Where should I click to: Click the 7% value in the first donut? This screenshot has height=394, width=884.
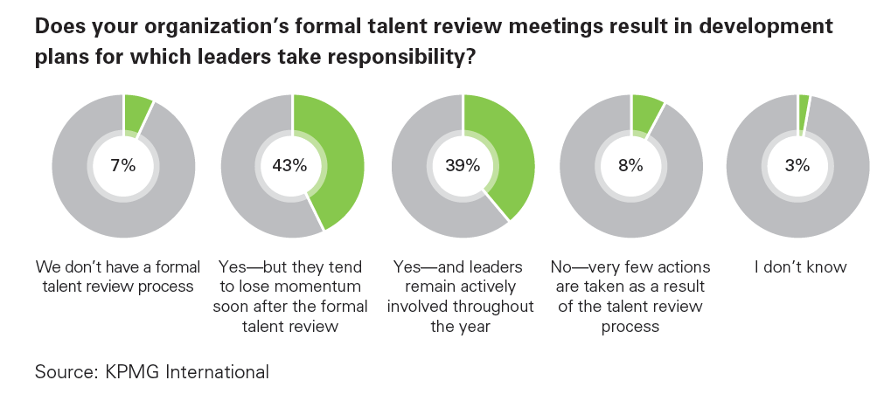(123, 166)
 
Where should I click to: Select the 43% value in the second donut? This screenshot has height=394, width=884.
(292, 166)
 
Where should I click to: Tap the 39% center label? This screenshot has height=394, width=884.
(462, 166)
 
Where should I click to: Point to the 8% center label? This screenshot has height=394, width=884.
(630, 166)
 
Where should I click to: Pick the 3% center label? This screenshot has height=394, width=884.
(797, 166)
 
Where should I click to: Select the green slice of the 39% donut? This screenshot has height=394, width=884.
(512, 157)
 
